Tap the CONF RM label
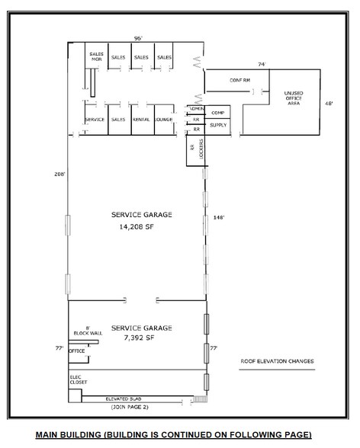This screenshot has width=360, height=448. (x=241, y=80)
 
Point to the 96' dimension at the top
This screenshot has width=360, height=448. (x=139, y=37)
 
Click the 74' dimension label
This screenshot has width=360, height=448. (x=262, y=64)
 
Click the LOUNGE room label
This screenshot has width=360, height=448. (x=164, y=120)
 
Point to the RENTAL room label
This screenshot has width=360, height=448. (x=141, y=120)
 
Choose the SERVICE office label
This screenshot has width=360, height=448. (x=95, y=120)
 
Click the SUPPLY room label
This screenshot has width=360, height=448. (x=217, y=124)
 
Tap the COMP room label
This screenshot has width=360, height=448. (x=217, y=112)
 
